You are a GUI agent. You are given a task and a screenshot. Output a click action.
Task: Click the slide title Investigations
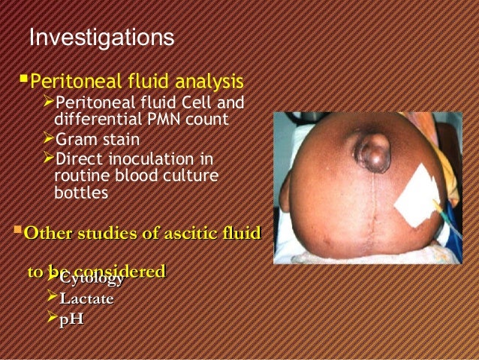click(101, 37)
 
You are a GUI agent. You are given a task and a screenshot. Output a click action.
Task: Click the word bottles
click(81, 193)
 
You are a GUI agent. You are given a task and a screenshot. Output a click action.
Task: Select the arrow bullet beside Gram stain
click(50, 139)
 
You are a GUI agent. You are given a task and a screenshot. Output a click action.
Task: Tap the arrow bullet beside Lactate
click(52, 299)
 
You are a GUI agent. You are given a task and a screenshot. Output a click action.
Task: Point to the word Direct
click(80, 159)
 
